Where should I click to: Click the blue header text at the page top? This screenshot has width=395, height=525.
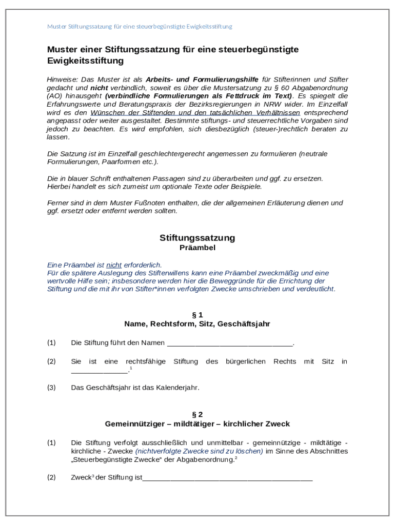coord(140,26)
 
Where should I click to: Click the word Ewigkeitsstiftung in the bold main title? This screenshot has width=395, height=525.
coord(85,61)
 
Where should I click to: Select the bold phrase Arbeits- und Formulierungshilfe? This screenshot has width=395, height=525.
coord(202,79)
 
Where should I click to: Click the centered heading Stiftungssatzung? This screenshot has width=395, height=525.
coord(197,238)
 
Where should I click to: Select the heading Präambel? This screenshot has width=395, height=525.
coord(197,248)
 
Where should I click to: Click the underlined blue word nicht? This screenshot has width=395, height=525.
coord(114,265)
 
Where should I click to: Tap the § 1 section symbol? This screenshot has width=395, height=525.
coord(197,315)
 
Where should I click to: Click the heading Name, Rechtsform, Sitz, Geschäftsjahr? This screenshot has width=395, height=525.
coord(197,324)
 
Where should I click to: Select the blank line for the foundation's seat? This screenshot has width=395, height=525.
coord(99,371)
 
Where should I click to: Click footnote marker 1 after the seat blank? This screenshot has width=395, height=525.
coord(131,368)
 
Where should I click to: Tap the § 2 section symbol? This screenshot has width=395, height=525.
coord(197,414)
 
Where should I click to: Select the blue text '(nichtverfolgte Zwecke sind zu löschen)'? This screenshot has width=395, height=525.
coord(199,451)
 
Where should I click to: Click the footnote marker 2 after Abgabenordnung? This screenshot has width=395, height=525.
coord(235,458)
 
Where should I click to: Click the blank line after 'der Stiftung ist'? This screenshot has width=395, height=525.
coord(227,478)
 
